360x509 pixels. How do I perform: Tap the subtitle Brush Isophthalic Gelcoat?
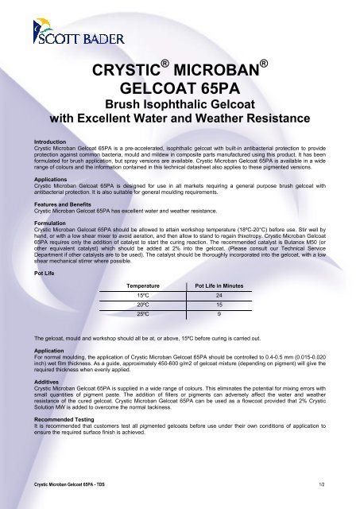(180, 104)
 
